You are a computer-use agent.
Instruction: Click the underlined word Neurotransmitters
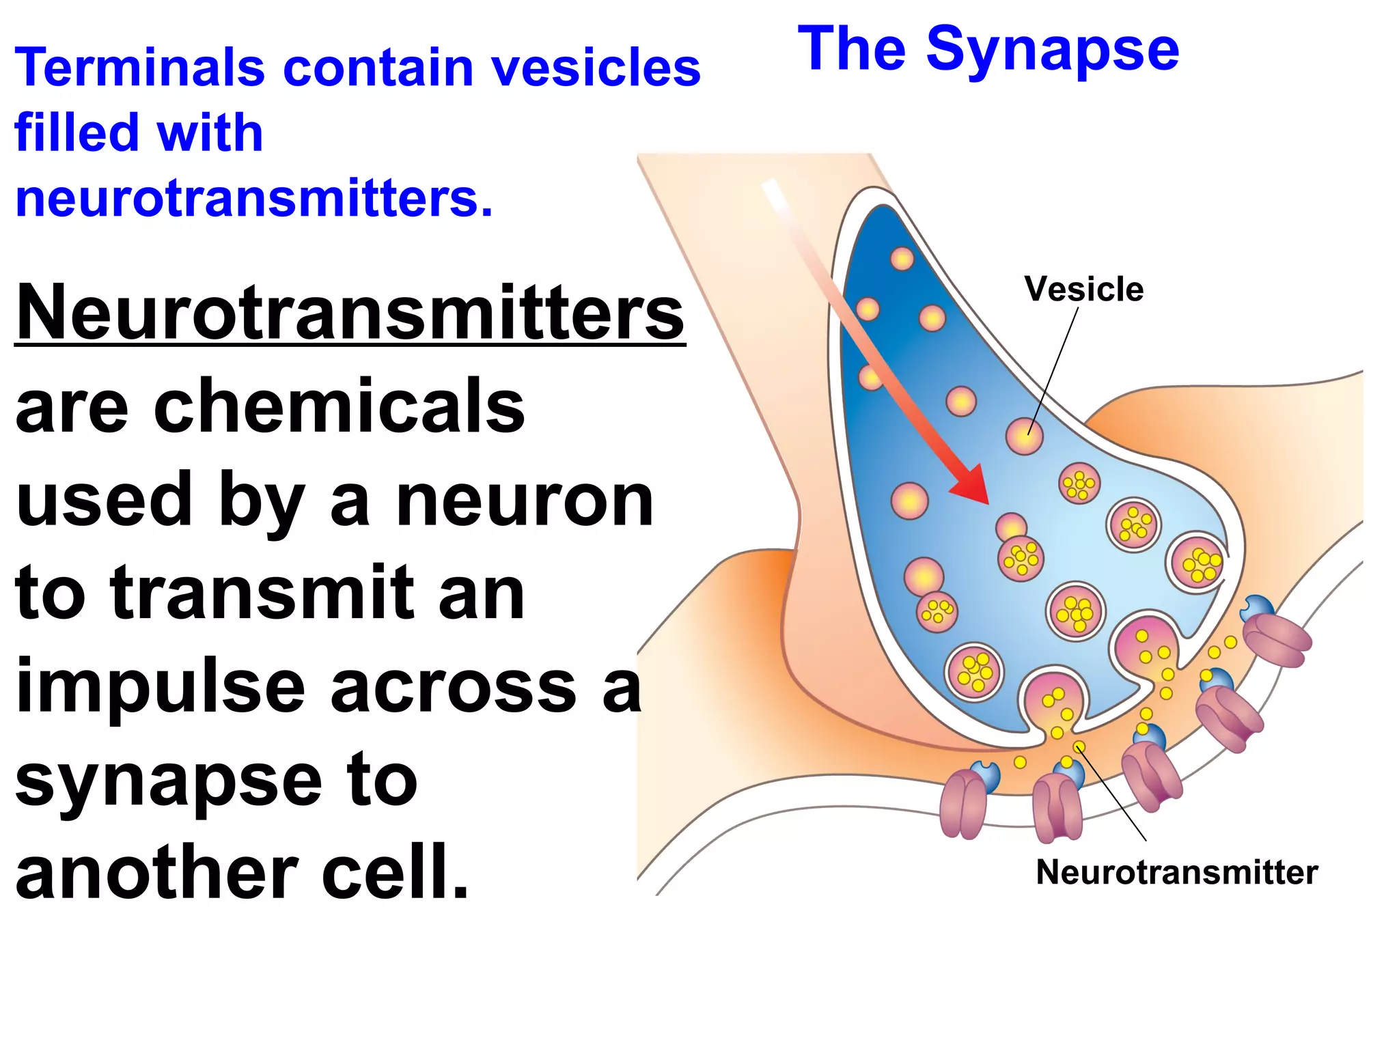point(350,313)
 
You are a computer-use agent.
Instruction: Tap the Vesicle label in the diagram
point(1083,289)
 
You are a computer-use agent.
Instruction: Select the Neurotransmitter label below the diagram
point(1176,872)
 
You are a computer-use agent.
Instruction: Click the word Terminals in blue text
point(139,68)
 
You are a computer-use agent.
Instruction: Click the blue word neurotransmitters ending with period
point(253,199)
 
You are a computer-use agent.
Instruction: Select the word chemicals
point(340,407)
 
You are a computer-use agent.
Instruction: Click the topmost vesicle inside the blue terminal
point(902,259)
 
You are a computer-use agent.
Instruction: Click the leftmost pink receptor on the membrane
point(963,805)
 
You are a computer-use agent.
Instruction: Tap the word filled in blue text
point(75,132)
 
